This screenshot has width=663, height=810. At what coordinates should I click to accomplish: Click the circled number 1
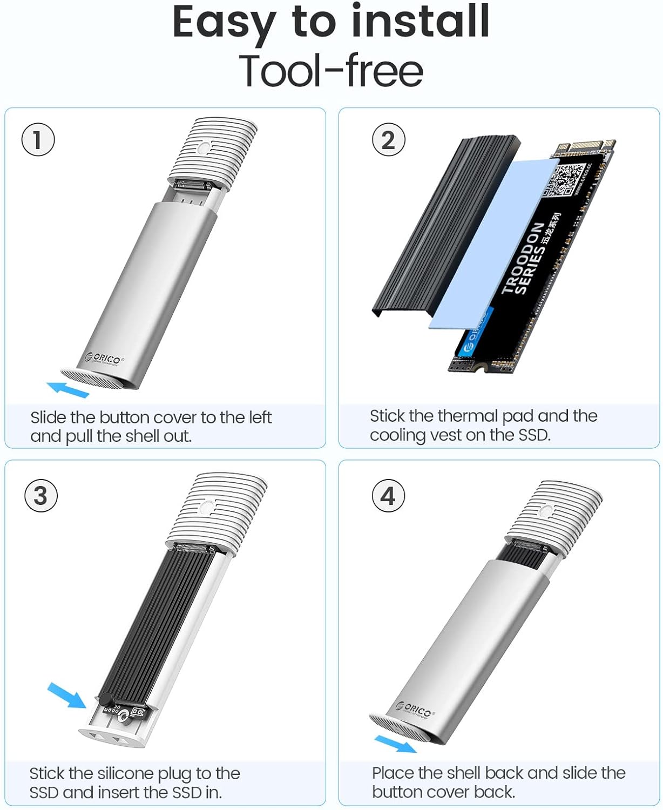[38, 140]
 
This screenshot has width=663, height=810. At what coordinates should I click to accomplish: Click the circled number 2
[388, 140]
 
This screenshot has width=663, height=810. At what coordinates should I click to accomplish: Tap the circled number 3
[41, 496]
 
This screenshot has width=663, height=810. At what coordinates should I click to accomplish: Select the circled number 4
[388, 496]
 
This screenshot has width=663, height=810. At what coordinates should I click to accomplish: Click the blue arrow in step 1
[67, 389]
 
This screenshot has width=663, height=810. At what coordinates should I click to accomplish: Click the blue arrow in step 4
[395, 744]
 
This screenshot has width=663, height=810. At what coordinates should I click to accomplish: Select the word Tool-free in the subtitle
[331, 71]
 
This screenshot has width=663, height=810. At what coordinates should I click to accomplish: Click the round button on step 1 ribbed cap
[204, 148]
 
